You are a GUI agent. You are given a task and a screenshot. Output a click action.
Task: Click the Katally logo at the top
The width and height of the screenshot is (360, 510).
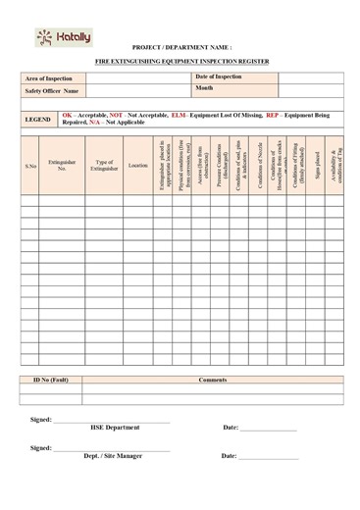(x=63, y=38)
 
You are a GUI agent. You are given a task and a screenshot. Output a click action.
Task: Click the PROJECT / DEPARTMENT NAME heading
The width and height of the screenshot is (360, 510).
(x=181, y=46)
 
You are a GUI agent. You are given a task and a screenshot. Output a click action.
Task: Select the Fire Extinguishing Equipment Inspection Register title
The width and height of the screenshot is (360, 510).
(x=180, y=61)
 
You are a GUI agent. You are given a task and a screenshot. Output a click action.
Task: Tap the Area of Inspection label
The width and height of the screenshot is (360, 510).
(x=50, y=76)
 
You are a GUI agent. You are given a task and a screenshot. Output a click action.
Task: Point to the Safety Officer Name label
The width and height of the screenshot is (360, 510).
(x=52, y=90)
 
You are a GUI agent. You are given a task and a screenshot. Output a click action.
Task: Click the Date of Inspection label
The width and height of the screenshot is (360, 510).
(x=219, y=76)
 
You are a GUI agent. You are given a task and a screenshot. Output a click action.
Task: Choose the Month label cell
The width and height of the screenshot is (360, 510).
(x=205, y=88)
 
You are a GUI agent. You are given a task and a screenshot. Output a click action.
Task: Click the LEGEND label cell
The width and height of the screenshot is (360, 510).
(x=38, y=119)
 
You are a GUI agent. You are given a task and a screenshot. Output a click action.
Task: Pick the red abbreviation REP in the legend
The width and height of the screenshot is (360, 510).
(x=273, y=115)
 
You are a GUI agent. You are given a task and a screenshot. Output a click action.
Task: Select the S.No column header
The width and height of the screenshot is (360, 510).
(x=30, y=166)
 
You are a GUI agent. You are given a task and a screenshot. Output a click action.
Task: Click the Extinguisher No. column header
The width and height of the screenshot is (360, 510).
(x=62, y=166)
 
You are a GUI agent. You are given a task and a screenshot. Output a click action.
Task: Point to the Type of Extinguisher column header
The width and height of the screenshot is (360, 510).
(x=104, y=166)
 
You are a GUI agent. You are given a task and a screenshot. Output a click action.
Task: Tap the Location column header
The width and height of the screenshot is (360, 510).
(x=138, y=166)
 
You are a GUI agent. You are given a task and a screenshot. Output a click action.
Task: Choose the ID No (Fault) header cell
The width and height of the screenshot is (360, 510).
(x=50, y=379)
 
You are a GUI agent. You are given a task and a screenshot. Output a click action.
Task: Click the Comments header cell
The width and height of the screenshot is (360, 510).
(x=212, y=379)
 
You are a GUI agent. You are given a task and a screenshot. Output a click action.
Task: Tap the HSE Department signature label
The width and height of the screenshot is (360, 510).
(x=115, y=428)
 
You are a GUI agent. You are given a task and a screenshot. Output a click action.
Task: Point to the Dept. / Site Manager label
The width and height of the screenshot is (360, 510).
(x=113, y=456)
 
